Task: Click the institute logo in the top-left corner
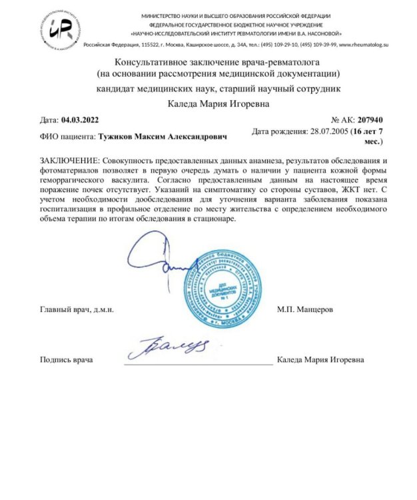[61, 27]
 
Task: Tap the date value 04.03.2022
[80, 120]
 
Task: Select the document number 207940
[370, 120]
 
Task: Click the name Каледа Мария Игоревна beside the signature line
[322, 360]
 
